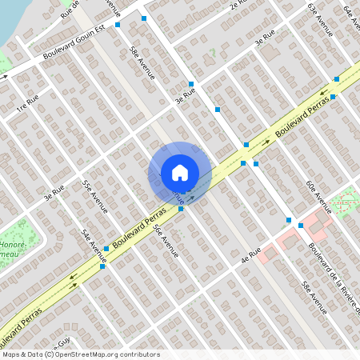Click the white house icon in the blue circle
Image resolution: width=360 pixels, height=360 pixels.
pos(180,173)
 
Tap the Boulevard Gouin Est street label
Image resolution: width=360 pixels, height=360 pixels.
pos(76,46)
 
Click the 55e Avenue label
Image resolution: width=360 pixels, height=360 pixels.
pos(94,197)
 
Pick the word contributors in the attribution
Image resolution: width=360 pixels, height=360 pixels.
pos(140,354)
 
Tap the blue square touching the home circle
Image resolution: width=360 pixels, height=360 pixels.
pos(182,209)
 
